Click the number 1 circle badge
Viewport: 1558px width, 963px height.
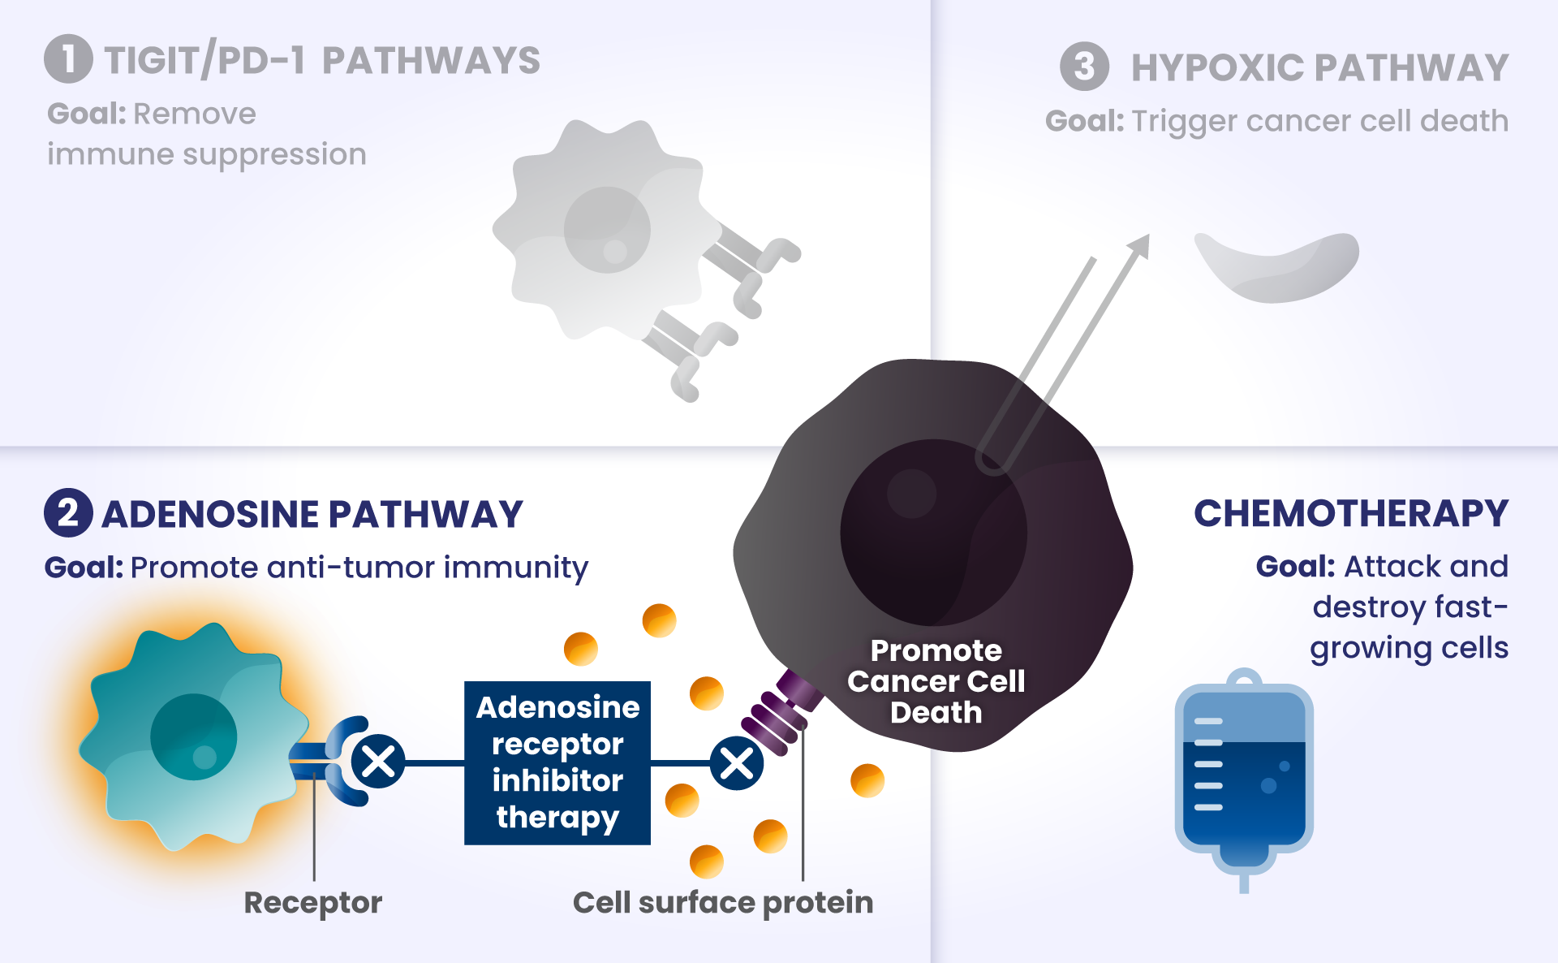point(68,58)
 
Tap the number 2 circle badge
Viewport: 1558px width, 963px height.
point(68,512)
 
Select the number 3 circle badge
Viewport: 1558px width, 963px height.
point(1084,66)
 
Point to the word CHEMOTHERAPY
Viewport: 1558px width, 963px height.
point(1351,513)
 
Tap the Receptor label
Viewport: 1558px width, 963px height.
point(313,903)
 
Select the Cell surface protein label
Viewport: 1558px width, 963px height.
point(723,902)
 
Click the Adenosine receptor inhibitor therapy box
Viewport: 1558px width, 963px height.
point(557,763)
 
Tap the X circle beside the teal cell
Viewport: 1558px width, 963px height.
point(378,762)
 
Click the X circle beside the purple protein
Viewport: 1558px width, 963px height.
point(737,763)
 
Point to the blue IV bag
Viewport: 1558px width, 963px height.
point(1244,779)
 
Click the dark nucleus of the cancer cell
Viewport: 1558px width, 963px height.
point(934,533)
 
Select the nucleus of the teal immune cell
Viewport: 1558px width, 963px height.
point(194,737)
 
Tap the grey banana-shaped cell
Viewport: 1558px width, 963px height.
point(1277,266)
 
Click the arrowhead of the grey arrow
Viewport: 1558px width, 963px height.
point(1140,244)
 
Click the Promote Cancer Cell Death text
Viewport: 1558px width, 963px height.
point(936,681)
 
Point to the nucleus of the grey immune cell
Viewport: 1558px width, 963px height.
point(607,230)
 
